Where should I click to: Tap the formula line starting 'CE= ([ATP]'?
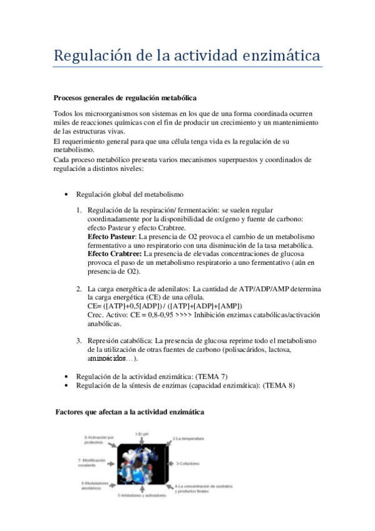click(x=165, y=306)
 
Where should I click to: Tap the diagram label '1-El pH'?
click(x=143, y=434)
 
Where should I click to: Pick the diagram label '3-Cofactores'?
click(x=187, y=463)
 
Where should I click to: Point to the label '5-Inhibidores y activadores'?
click(x=142, y=495)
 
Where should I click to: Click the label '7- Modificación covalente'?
click(x=95, y=463)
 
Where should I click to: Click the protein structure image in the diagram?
click(x=143, y=464)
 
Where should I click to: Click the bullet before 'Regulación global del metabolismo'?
click(x=67, y=195)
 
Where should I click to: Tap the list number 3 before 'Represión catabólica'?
click(x=79, y=340)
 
